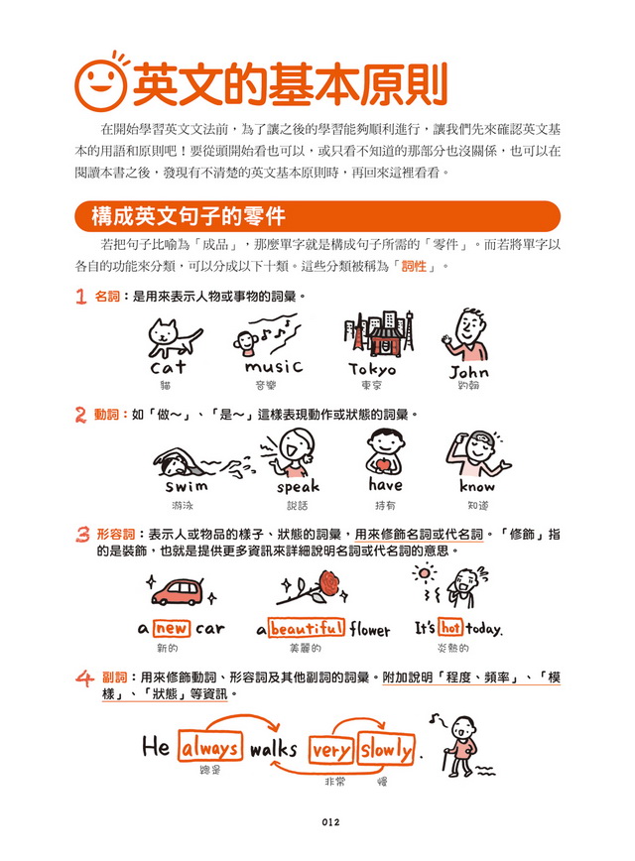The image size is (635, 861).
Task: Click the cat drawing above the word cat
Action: (173, 339)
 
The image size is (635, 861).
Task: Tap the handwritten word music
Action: (273, 367)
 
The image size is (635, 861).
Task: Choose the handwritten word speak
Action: (298, 486)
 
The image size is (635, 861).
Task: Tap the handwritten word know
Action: (477, 486)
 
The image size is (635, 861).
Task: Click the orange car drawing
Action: (183, 593)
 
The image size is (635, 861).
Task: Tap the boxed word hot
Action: (451, 628)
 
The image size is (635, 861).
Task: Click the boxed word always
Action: (210, 747)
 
